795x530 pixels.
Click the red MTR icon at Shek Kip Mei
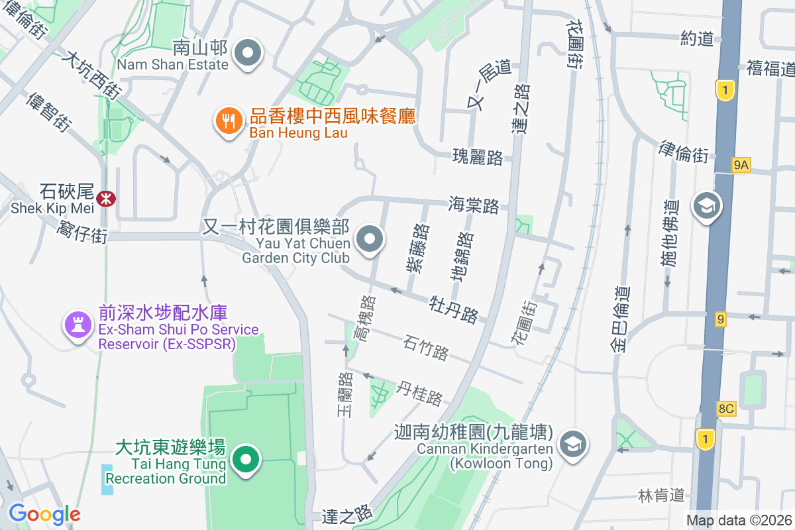click(105, 198)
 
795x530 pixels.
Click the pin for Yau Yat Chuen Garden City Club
click(370, 240)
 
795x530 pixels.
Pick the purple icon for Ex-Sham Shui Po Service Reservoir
click(78, 325)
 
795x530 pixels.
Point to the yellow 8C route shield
click(726, 408)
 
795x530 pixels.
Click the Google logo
click(44, 513)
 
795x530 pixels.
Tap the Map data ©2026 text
click(738, 520)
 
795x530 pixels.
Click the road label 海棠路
click(474, 205)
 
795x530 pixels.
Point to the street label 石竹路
click(426, 347)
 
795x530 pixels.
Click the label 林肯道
click(661, 495)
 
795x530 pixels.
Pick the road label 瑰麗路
click(478, 158)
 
